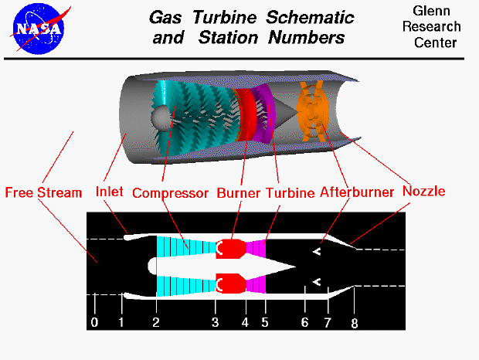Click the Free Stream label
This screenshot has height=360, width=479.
pyautogui.click(x=43, y=192)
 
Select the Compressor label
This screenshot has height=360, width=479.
pyautogui.click(x=170, y=192)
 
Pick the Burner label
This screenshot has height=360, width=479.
pyautogui.click(x=239, y=192)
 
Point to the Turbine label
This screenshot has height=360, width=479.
pyautogui.click(x=290, y=192)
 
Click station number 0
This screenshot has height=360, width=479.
pyautogui.click(x=94, y=322)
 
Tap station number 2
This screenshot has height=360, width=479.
pyautogui.click(x=156, y=322)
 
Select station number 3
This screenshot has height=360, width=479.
pyautogui.click(x=216, y=322)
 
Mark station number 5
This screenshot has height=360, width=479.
pyautogui.click(x=264, y=322)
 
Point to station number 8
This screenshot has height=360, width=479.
pyautogui.click(x=355, y=324)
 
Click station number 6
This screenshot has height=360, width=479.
pyautogui.click(x=305, y=322)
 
